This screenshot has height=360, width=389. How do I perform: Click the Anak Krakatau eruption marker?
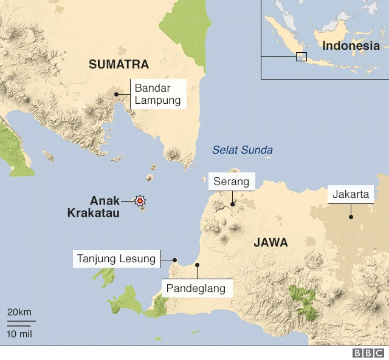pos(140,200)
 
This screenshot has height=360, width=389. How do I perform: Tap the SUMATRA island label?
pos(119,64)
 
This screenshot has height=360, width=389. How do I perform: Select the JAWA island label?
pos(270,243)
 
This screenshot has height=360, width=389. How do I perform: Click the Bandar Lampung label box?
pos(157,94)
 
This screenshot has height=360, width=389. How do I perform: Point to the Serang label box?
pos(232,182)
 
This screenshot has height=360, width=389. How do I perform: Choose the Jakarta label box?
pos(351,195)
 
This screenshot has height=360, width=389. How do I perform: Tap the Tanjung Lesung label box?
pos(116,259)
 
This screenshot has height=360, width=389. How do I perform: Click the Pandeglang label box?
pos(197,288)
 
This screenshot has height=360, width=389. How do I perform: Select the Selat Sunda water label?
pos(243,150)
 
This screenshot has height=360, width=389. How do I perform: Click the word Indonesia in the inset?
pos(351,46)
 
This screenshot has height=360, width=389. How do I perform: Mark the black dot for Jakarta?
pos(351,217)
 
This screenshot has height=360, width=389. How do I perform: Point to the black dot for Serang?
pos(232,205)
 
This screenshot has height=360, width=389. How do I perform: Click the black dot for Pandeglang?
pos(197,265)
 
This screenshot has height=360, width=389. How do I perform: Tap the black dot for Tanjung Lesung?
pos(174,259)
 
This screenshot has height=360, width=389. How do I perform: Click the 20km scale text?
pos(19,312)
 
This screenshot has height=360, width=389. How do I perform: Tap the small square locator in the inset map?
pos(301,56)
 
